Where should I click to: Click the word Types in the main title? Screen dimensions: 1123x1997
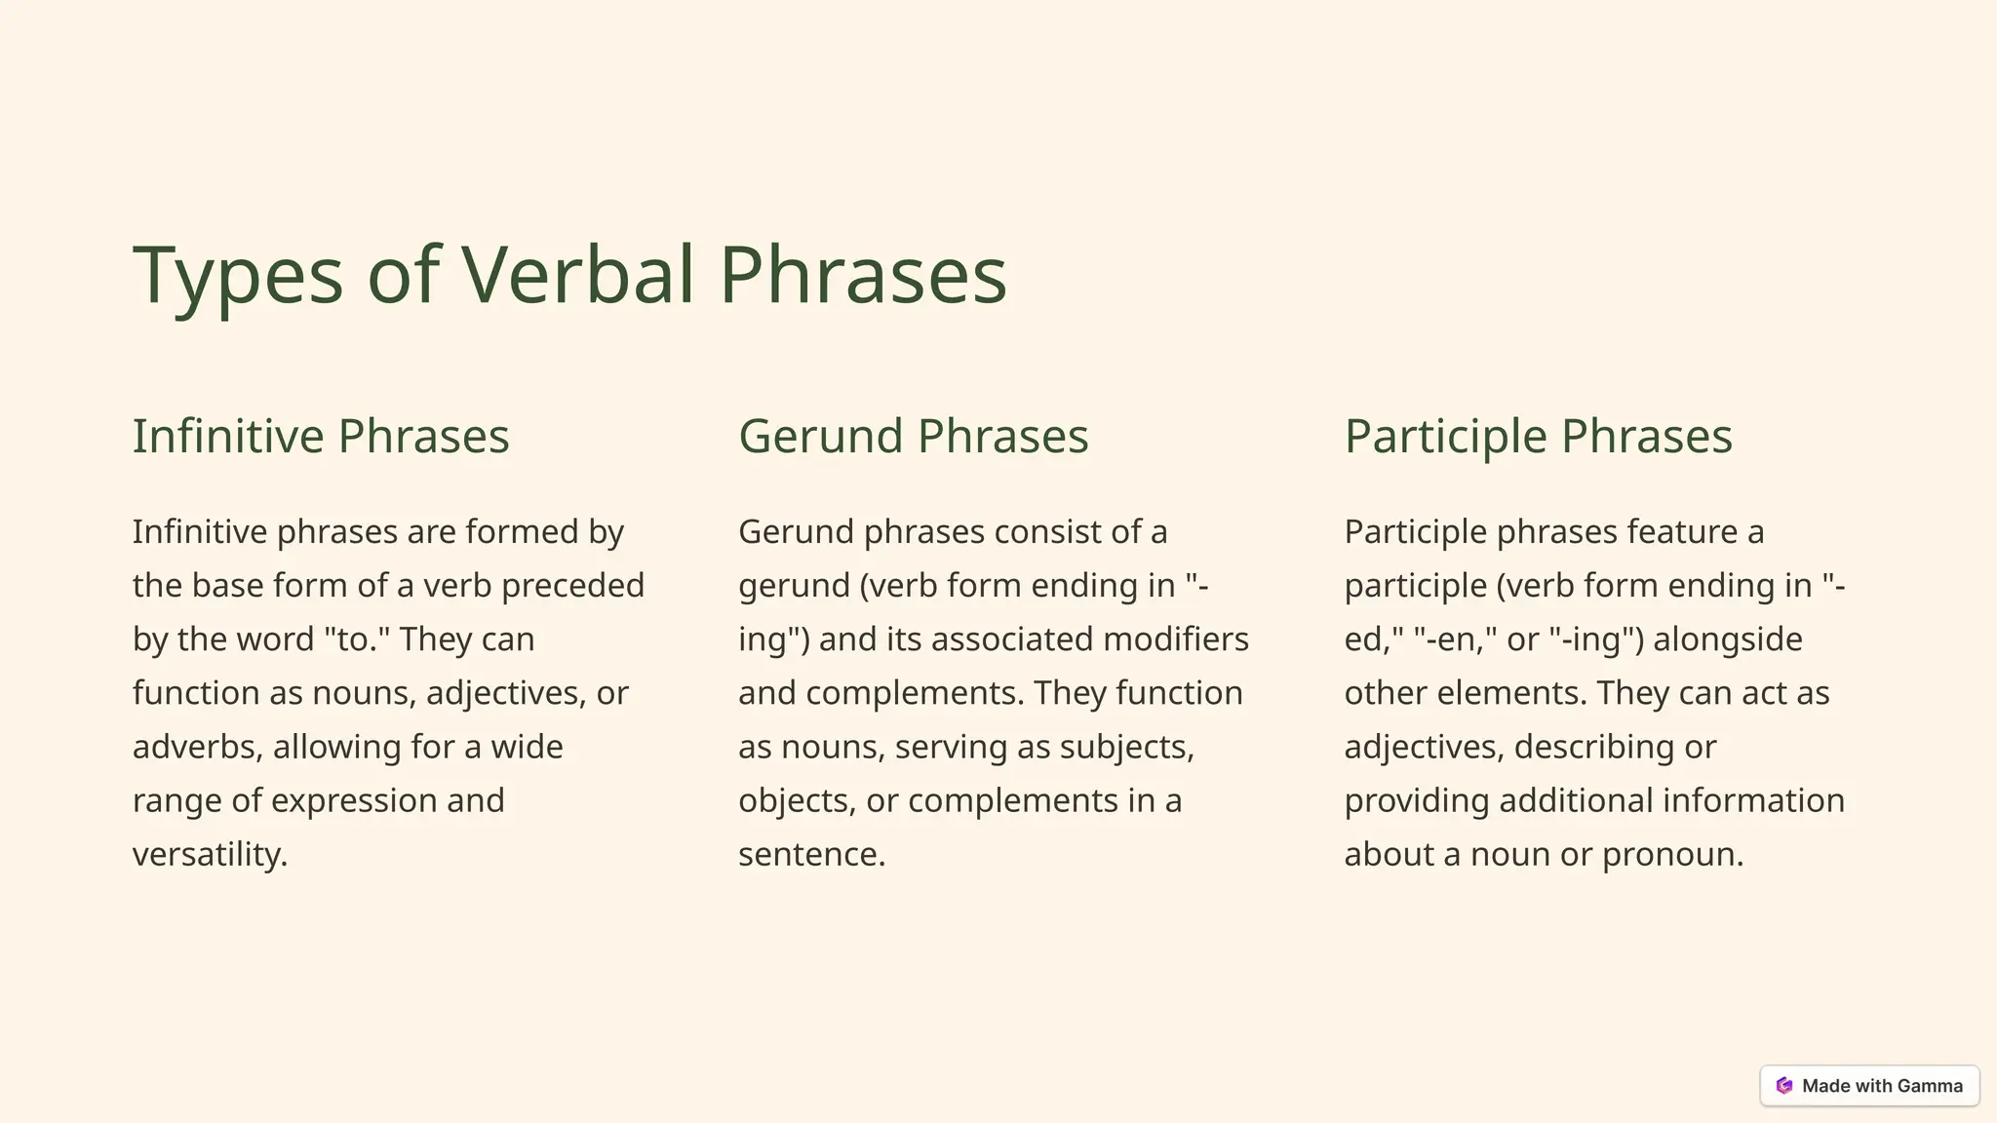click(x=238, y=276)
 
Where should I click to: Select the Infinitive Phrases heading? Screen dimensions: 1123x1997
click(x=321, y=436)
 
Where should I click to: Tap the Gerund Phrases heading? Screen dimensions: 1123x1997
click(x=913, y=436)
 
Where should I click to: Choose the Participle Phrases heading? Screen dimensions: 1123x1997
click(x=1538, y=436)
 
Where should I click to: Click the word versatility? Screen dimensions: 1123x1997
click(x=210, y=854)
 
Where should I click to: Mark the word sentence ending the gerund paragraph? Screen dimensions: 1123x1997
click(x=811, y=854)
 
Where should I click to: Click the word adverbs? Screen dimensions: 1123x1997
click(x=198, y=747)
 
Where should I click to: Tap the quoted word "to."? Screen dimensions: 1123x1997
click(x=357, y=639)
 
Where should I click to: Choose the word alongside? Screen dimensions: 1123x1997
click(x=1728, y=639)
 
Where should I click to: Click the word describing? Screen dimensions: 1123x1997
click(x=1594, y=747)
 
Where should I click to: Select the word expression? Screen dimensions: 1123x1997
click(x=354, y=800)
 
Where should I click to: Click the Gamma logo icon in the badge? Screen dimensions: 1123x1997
click(x=1784, y=1086)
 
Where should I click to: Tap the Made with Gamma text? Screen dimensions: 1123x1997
click(x=1882, y=1086)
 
